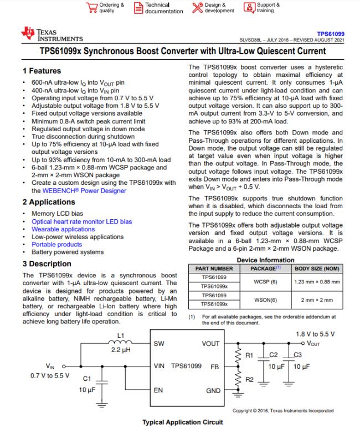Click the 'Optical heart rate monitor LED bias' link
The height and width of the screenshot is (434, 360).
pos(81,221)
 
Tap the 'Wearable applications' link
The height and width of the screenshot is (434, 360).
pos(63,229)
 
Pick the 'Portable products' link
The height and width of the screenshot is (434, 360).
pos(56,244)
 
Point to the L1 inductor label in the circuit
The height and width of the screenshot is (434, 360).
pos(122,335)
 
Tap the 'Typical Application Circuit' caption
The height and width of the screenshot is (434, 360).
pos(183,422)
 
